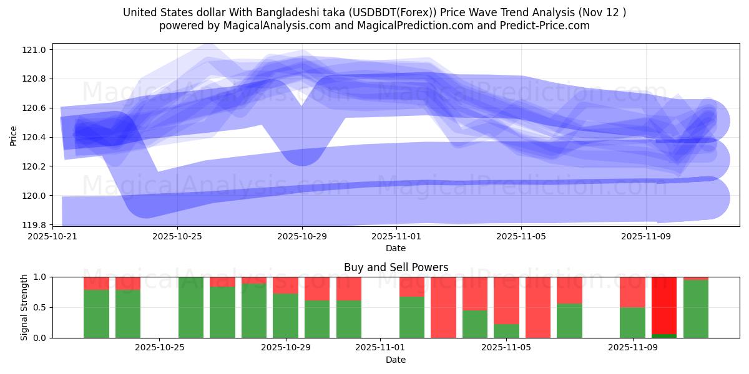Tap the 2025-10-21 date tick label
[x=52, y=237]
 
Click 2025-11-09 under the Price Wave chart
[x=646, y=237]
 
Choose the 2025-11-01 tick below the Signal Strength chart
[x=380, y=347]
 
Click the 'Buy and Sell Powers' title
[x=396, y=267]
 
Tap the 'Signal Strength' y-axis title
[x=24, y=307]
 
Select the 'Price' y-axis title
[x=14, y=135]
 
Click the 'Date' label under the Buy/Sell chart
[x=396, y=360]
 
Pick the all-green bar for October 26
[x=191, y=307]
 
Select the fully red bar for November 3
[x=443, y=307]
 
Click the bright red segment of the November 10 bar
[x=664, y=305]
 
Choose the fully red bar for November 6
[x=538, y=307]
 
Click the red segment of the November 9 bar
[x=632, y=292]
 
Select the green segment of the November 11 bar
[x=696, y=309]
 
